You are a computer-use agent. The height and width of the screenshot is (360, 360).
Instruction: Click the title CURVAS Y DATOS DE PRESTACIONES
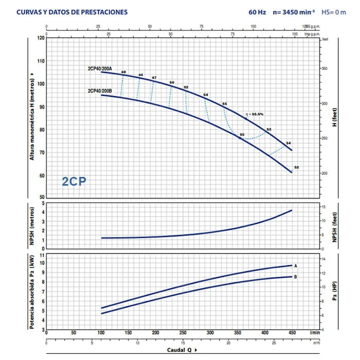tap(72, 12)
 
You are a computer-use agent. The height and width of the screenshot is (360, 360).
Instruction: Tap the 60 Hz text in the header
tap(257, 12)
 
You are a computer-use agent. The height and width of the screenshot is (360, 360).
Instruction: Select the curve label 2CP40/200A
tap(99, 68)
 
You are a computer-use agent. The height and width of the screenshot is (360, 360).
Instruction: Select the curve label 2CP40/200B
tap(99, 91)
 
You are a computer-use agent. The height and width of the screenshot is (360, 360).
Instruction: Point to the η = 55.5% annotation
tap(255, 114)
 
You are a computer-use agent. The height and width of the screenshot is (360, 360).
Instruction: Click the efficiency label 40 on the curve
tap(123, 71)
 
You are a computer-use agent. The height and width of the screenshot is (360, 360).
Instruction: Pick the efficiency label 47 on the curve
tap(154, 78)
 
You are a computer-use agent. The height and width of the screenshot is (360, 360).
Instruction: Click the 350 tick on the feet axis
tap(325, 68)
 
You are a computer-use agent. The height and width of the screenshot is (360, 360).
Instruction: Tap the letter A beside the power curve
tap(296, 266)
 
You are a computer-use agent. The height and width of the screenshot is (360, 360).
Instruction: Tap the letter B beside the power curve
tap(296, 277)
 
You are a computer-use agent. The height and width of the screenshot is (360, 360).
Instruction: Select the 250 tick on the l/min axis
tap(183, 333)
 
